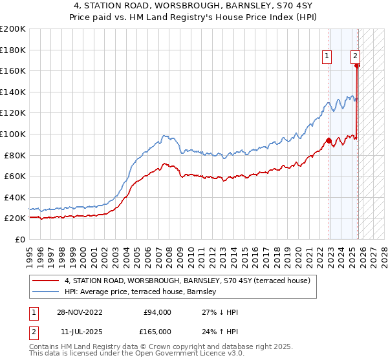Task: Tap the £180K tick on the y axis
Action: (x=13, y=50)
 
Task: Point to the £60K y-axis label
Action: (x=15, y=176)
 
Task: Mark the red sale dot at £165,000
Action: (x=358, y=65)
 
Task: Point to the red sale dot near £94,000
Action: (x=329, y=140)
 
